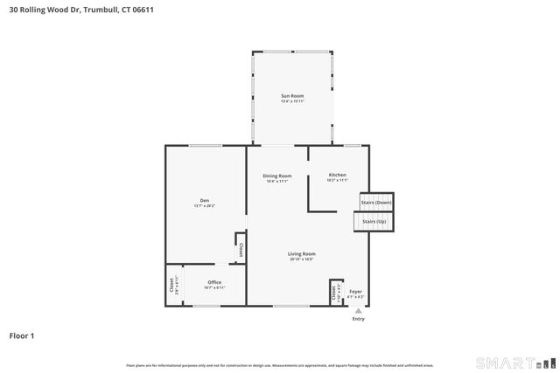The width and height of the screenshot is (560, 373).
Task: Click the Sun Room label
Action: (292, 94)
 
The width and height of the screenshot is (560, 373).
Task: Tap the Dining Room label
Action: (277, 176)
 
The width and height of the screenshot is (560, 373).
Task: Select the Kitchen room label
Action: (338, 176)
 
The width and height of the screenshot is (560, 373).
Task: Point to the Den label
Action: (204, 201)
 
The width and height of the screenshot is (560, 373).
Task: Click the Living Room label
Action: (301, 254)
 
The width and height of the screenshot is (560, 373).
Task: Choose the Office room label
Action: (214, 282)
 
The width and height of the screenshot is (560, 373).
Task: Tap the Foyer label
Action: (355, 292)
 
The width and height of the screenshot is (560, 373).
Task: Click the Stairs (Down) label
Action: (376, 203)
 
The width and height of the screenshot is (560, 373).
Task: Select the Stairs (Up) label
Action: (374, 222)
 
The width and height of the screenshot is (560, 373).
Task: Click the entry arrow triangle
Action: (358, 310)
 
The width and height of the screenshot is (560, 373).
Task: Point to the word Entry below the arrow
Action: (358, 319)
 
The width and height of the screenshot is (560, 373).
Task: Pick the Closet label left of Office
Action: (172, 285)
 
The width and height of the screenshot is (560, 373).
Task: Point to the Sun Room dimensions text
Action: (292, 101)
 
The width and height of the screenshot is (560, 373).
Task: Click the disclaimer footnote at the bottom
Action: (280, 364)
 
